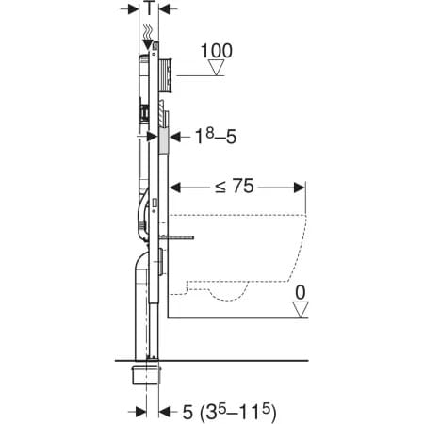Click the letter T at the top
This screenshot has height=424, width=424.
tap(149, 8)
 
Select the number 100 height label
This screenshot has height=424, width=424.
tap(217, 51)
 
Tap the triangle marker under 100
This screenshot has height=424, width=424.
tap(216, 68)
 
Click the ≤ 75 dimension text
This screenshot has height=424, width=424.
tap(235, 186)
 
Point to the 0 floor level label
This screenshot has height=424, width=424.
tap(301, 292)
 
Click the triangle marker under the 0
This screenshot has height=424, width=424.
tap(301, 309)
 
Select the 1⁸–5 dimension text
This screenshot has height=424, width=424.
tap(216, 137)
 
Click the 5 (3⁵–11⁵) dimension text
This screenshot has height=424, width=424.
tap(230, 412)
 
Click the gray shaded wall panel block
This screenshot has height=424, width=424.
tap(164, 140)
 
